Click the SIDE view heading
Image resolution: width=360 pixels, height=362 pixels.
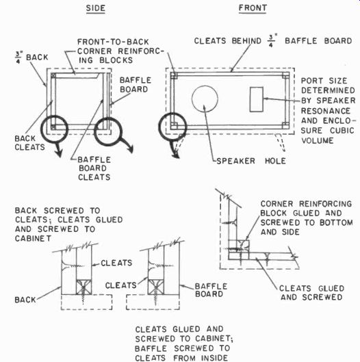[96, 8]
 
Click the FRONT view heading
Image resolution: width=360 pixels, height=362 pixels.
[253, 8]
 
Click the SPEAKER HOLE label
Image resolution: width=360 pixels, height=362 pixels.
[251, 161]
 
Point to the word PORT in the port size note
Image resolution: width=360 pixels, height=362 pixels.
[312, 81]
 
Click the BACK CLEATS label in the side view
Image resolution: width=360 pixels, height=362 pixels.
[29, 143]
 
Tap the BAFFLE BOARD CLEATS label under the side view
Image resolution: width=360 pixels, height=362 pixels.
[94, 168]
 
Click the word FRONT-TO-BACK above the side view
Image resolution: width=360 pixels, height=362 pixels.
[113, 42]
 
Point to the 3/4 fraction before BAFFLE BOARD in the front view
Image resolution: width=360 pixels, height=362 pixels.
[271, 41]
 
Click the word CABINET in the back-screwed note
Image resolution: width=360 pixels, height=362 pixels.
[34, 239]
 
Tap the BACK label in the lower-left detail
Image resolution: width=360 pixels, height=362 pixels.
[25, 300]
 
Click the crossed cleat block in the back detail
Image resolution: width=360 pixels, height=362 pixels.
[83, 287]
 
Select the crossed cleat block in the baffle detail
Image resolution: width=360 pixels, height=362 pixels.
[156, 287]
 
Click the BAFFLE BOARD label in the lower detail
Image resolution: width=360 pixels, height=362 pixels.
[211, 290]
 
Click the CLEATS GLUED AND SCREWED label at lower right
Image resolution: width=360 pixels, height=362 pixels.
[311, 293]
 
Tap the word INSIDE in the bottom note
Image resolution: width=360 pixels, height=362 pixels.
[214, 358]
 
